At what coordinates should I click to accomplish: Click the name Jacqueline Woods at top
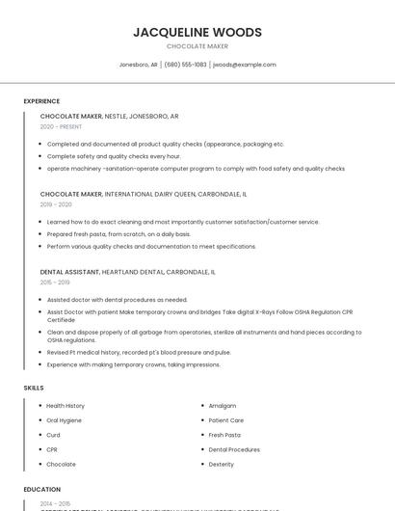click(197, 32)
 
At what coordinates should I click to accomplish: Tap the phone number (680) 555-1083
click(185, 65)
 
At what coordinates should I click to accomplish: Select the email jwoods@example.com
click(244, 65)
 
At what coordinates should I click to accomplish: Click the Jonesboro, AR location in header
click(138, 65)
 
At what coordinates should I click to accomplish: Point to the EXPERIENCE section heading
click(41, 101)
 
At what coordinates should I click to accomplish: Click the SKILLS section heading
click(34, 388)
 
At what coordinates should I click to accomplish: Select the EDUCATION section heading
click(42, 490)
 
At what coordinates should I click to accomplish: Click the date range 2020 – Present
click(61, 126)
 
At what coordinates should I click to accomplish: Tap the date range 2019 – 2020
click(56, 204)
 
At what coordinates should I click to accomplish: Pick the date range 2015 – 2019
click(55, 282)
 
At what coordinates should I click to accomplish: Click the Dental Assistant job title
click(71, 272)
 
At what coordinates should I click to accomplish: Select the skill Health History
click(66, 406)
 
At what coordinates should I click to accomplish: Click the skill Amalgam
click(222, 406)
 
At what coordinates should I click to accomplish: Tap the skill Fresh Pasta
click(224, 435)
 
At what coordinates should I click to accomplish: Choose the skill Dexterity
click(222, 464)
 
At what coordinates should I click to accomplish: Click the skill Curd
click(53, 435)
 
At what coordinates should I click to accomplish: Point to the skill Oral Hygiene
click(65, 420)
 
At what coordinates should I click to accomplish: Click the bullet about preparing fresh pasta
click(118, 234)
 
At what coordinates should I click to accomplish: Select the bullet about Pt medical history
click(139, 352)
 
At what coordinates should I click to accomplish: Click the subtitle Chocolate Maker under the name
click(197, 46)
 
